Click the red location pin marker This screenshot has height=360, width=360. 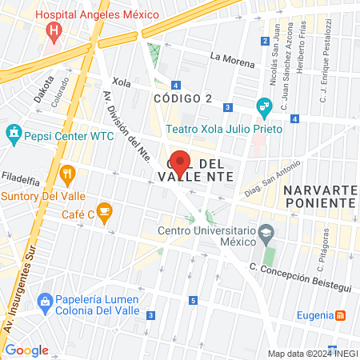pyautogui.click(x=180, y=162)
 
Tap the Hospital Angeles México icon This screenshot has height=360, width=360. pyautogui.click(x=54, y=33)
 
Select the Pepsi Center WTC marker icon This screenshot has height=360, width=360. pyautogui.click(x=14, y=131)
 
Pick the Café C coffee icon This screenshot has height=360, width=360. pyautogui.click(x=106, y=212)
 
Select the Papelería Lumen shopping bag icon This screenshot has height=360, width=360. pyautogui.click(x=44, y=300)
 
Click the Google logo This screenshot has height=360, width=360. pyautogui.click(x=26, y=350)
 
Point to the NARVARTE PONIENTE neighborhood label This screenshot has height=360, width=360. pyautogui.click(x=318, y=196)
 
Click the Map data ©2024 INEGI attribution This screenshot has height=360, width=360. pyautogui.click(x=311, y=354)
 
